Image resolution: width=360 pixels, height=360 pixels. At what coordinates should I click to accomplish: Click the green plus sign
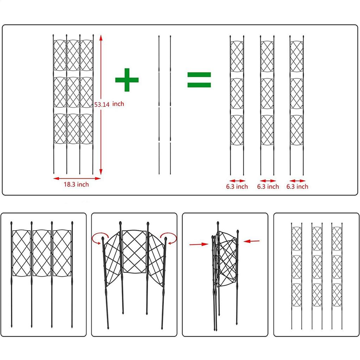(127, 80)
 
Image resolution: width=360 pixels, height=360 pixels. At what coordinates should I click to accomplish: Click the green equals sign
(199, 80)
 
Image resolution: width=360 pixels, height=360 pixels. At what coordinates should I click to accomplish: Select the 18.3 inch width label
(76, 184)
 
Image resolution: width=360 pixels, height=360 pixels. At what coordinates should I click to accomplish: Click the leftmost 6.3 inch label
(237, 186)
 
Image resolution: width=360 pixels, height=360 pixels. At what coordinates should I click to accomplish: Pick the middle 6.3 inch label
(268, 186)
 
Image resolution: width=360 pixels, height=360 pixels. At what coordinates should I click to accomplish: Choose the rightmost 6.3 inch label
(297, 186)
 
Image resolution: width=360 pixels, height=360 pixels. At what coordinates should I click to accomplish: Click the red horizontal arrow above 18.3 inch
(77, 178)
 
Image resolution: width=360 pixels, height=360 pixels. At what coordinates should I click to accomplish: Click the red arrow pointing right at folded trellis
(198, 243)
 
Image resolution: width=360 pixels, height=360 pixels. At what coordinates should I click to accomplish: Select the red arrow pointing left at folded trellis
(252, 241)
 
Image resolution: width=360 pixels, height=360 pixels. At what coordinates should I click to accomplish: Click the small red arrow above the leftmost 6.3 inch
(237, 180)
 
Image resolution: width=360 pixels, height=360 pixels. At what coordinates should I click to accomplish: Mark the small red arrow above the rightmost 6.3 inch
(297, 180)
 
